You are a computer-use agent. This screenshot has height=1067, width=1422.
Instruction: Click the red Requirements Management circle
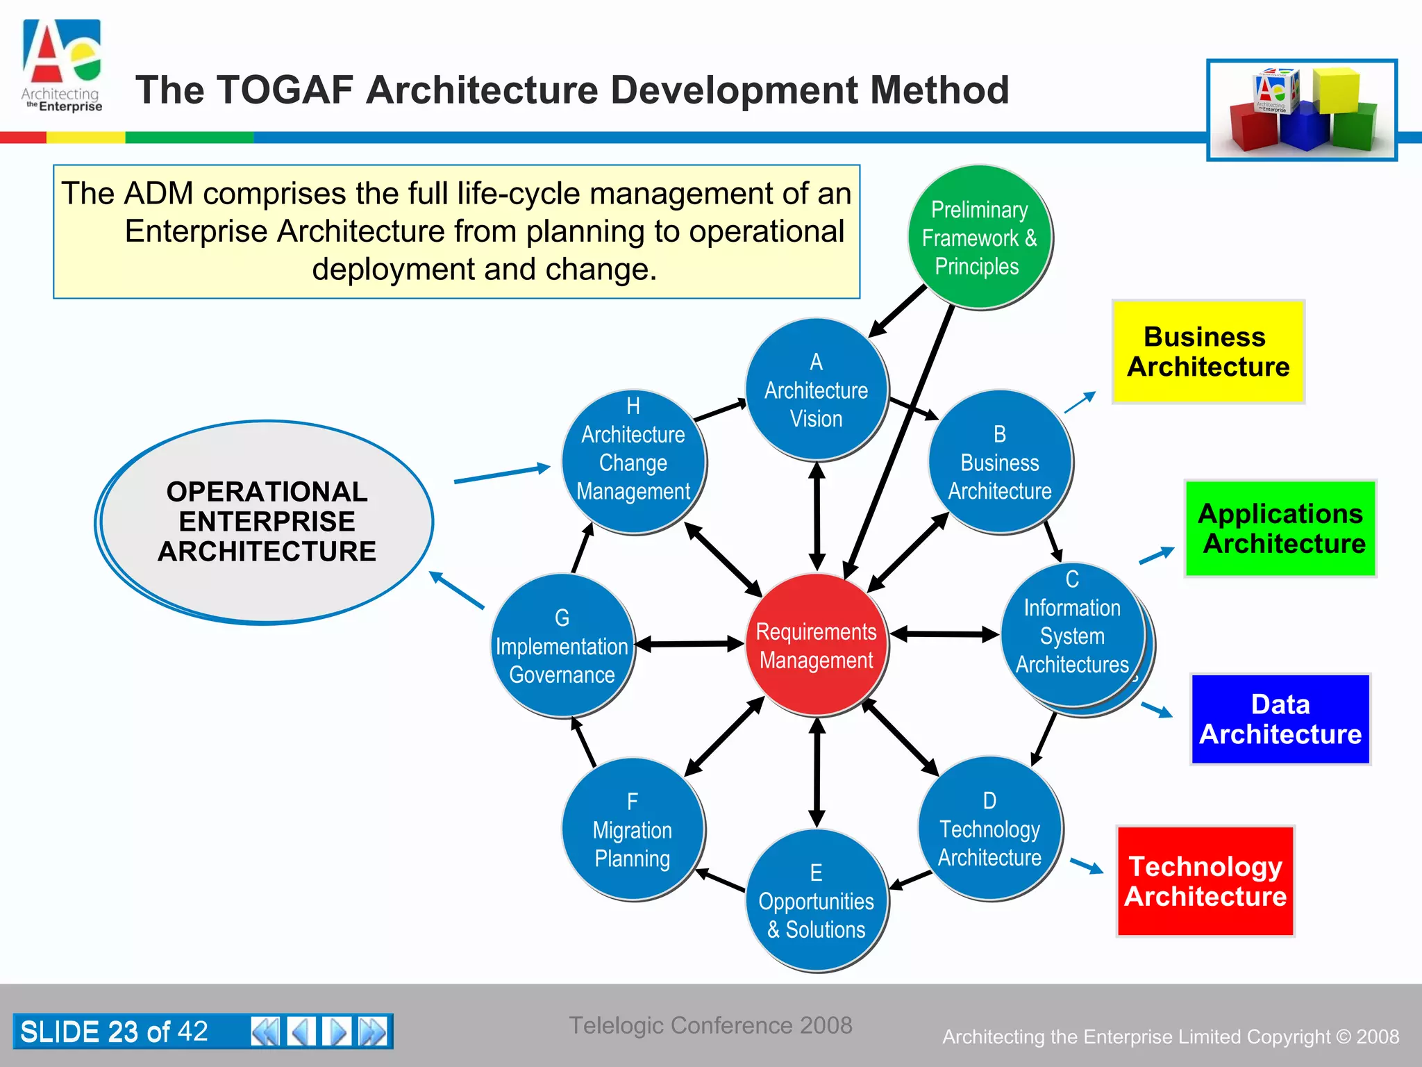817,645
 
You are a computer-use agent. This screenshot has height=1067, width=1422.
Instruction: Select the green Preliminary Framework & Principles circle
979,238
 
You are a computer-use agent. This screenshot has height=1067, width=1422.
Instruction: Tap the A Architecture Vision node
817,390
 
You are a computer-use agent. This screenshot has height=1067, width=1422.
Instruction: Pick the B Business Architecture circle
1000,462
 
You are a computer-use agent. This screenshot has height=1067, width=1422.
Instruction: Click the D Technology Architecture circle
989,828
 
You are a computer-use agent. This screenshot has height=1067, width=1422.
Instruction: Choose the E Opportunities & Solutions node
817,901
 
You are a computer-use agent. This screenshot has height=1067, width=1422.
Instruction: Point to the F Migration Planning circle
633,829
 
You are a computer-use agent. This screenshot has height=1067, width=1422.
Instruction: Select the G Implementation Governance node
562,646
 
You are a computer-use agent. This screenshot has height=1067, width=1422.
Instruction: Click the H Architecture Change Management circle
633,462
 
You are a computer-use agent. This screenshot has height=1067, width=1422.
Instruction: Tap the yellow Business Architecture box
1208,351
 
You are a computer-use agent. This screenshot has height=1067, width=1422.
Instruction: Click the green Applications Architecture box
1280,528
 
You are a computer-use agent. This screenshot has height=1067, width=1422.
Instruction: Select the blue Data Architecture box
1280,719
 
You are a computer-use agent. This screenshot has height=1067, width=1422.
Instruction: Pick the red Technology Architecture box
1205,881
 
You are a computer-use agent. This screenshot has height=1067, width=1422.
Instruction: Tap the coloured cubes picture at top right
1302,110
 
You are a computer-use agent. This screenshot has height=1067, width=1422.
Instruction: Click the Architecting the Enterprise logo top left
62,66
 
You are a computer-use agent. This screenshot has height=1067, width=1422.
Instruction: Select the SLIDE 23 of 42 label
115,1031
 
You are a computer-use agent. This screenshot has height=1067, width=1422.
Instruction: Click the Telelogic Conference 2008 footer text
710,1025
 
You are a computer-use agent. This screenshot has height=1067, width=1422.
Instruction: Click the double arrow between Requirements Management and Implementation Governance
689,644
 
